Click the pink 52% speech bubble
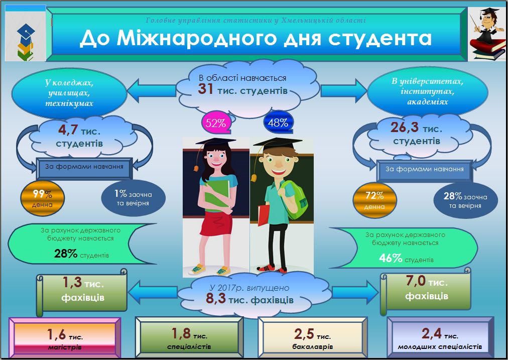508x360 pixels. click(216, 123)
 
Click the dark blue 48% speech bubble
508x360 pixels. click(278, 122)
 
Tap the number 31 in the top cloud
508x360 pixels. click(205, 89)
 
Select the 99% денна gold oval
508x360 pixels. click(42, 198)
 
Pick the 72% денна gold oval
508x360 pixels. click(374, 200)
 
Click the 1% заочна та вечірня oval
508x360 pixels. click(133, 198)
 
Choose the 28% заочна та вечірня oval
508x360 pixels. click(465, 200)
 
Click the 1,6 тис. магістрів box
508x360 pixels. click(65, 338)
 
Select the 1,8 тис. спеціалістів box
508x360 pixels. click(190, 337)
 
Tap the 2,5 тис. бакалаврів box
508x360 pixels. click(313, 337)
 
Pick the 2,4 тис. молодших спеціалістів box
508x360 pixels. click(440, 337)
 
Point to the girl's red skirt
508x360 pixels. click(216, 223)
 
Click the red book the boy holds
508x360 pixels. click(264, 215)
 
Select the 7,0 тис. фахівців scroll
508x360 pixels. click(426, 291)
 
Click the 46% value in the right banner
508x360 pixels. click(391, 258)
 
